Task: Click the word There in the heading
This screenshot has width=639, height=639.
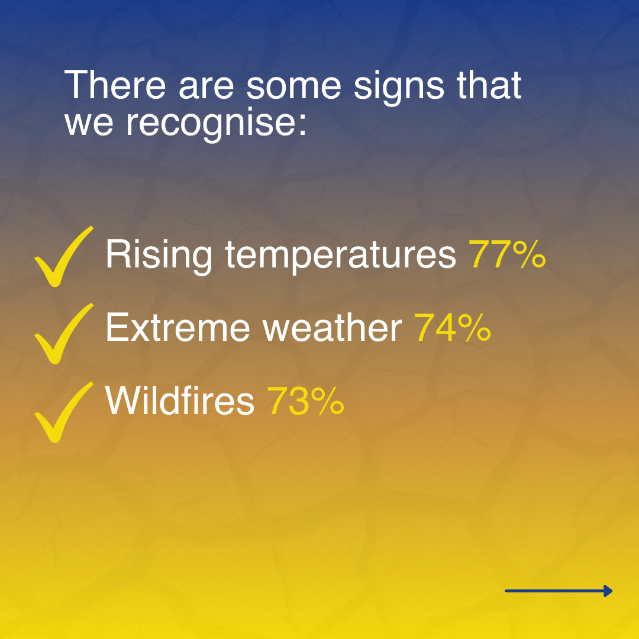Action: coord(115,85)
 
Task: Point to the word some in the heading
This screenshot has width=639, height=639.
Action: coord(293,87)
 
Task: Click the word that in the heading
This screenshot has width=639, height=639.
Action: coord(489,85)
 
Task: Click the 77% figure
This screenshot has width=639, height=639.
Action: coord(508,254)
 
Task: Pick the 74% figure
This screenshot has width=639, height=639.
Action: coord(453,327)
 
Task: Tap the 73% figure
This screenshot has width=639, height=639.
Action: coord(305,401)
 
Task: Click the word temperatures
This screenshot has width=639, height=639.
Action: coord(340,256)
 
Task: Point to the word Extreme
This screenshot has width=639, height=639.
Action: coord(177,327)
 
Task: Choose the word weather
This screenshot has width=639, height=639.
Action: coord(332,327)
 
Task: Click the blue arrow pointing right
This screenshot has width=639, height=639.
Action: coord(559,591)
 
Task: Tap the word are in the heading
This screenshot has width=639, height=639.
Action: coord(206,87)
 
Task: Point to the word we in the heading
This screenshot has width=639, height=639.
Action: coord(89,124)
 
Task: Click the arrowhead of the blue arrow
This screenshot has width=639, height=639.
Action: coord(608,591)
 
